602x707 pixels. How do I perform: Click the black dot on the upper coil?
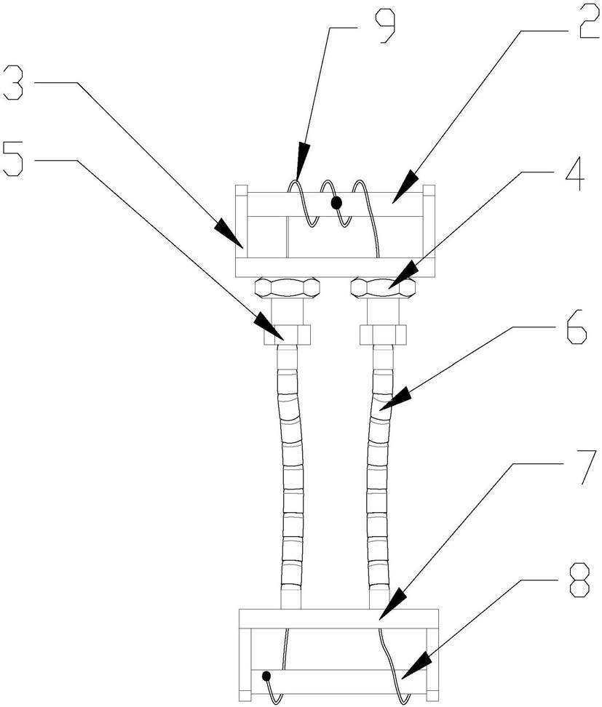pos(336,204)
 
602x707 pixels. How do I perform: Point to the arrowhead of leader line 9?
pos(298,175)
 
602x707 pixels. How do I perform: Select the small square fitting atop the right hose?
pos(383,335)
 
